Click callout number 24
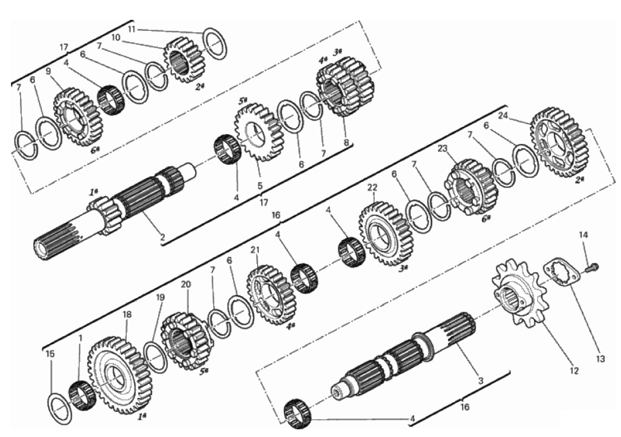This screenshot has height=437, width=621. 503,116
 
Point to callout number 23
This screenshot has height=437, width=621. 443,149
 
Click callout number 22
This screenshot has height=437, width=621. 372,187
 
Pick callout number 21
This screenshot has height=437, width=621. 255,250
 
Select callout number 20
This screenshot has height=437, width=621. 186,284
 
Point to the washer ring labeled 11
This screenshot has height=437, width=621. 215,44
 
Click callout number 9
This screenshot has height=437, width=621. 48,72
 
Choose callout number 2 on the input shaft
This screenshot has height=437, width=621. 162,238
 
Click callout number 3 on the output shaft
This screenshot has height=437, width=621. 481,381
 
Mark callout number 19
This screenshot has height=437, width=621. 160,297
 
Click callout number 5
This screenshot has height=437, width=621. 260,185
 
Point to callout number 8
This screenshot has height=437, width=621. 347,143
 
